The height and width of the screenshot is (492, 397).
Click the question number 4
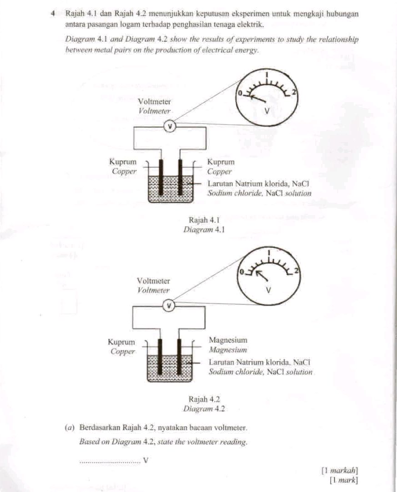point(54,14)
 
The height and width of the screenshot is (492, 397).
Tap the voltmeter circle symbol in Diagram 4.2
point(169,305)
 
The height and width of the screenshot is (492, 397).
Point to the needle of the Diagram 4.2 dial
point(261,275)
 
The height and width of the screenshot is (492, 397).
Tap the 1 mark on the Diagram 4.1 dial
point(267,74)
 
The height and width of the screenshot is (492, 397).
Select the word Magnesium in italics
point(227,350)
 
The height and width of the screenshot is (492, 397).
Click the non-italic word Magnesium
point(228,340)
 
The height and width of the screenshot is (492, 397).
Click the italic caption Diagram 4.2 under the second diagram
point(204,409)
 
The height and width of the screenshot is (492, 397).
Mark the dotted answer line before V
point(110,461)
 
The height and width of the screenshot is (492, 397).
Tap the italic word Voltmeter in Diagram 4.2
point(154,290)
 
